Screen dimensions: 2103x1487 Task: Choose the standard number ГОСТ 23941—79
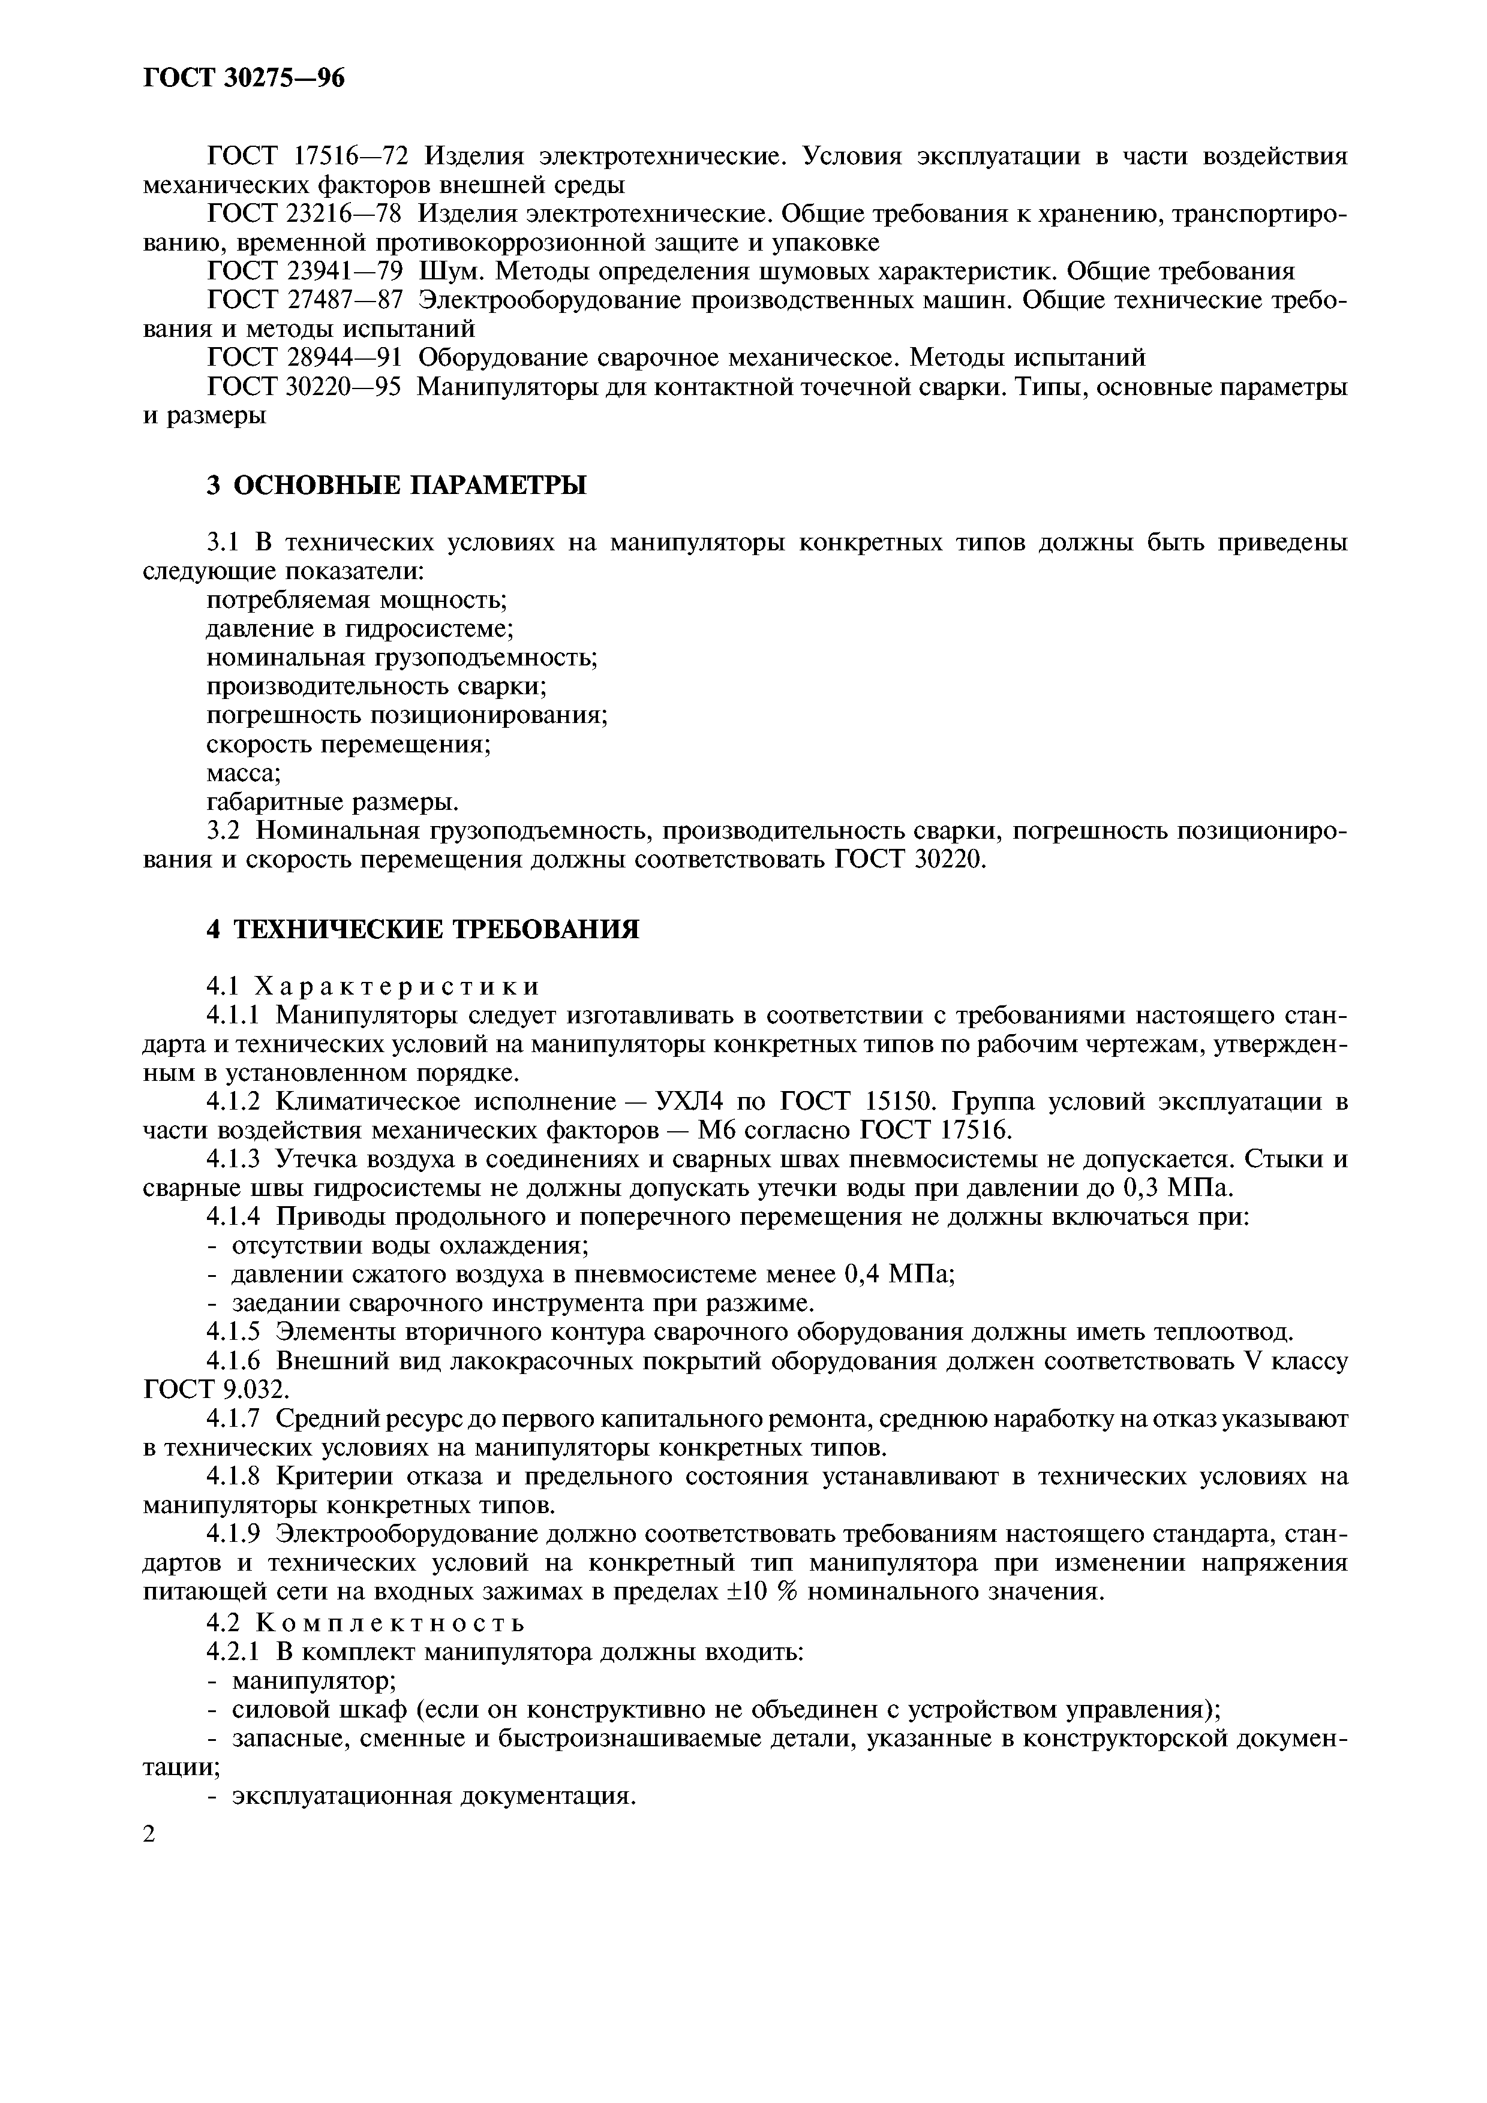tap(306, 271)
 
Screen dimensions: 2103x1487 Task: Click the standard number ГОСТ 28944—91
tap(306, 357)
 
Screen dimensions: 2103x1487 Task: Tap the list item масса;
tap(243, 774)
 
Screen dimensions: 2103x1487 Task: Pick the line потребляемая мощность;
tap(356, 601)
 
